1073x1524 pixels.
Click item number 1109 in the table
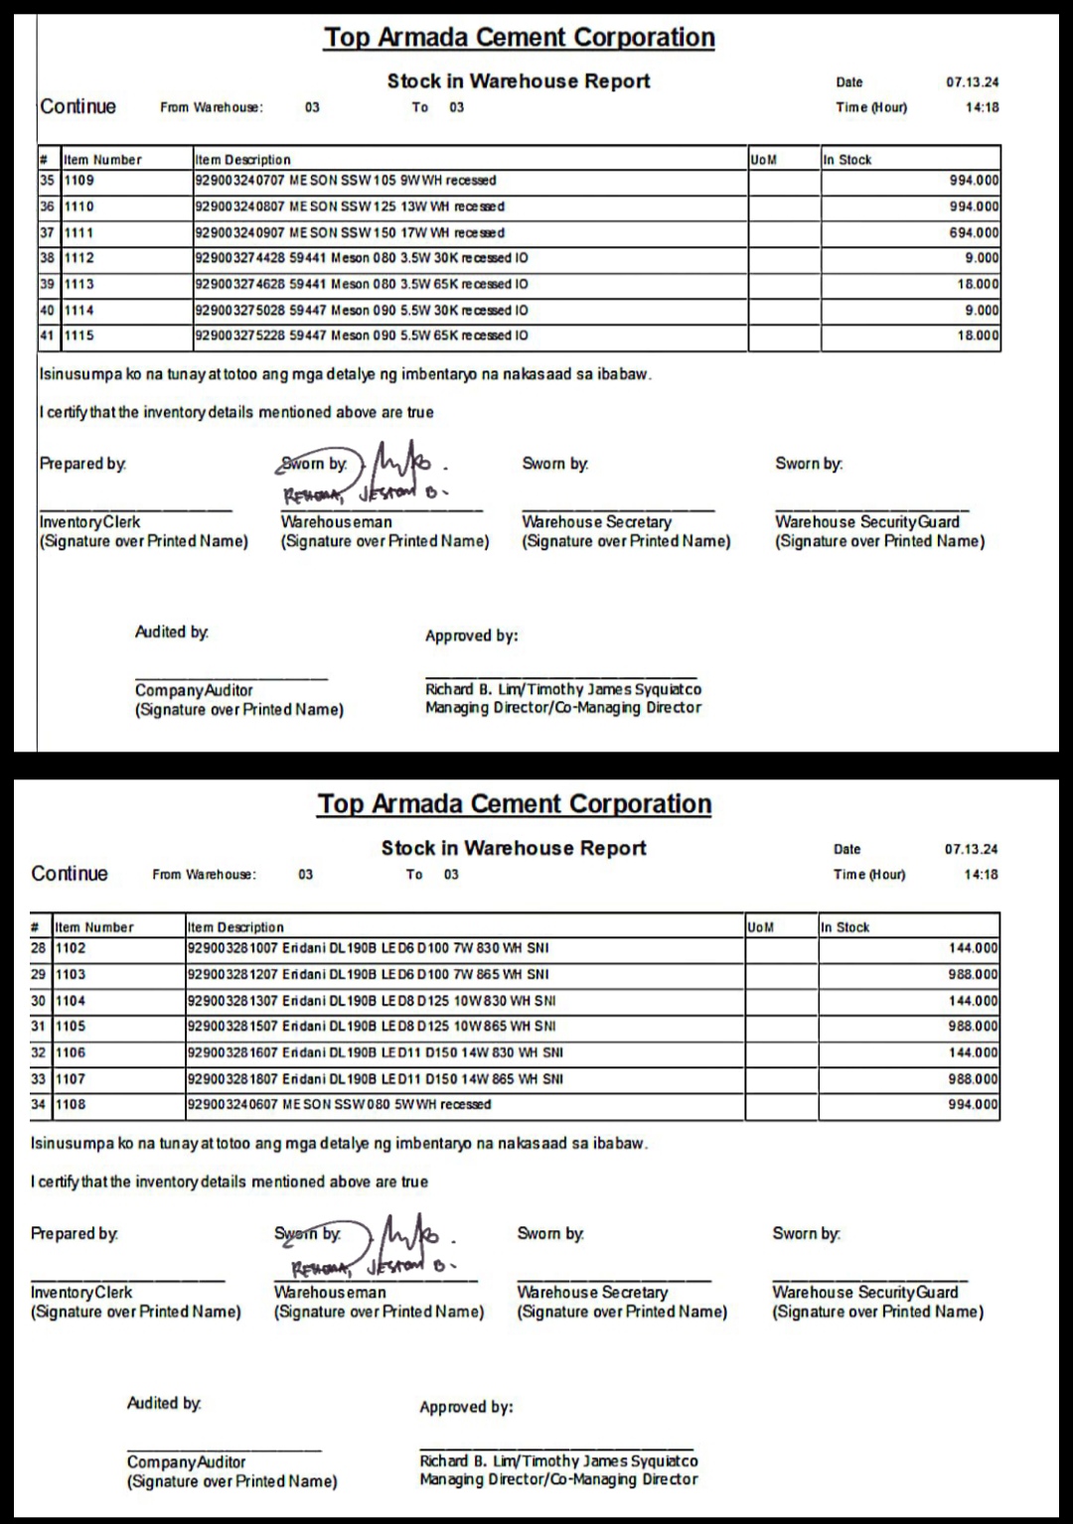tap(79, 181)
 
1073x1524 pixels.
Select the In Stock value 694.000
tap(974, 232)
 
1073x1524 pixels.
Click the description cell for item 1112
tap(362, 258)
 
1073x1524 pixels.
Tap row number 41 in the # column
tap(47, 336)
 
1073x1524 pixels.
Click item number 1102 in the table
tap(71, 948)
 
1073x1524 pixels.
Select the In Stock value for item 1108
tap(973, 1104)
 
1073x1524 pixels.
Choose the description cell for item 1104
tap(372, 1001)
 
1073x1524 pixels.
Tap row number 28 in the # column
tap(39, 948)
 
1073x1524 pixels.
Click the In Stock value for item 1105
tap(973, 1027)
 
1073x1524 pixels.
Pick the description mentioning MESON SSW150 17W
tap(350, 232)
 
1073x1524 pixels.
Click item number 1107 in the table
tap(71, 1078)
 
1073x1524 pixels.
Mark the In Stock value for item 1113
tap(978, 284)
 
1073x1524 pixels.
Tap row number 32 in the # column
tap(39, 1052)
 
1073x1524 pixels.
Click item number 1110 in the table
tap(79, 207)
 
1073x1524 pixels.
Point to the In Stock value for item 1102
tap(973, 948)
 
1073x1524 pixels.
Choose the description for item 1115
tap(362, 336)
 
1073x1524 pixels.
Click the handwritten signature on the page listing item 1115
tap(402, 469)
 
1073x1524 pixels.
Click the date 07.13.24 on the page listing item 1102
tap(972, 849)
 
